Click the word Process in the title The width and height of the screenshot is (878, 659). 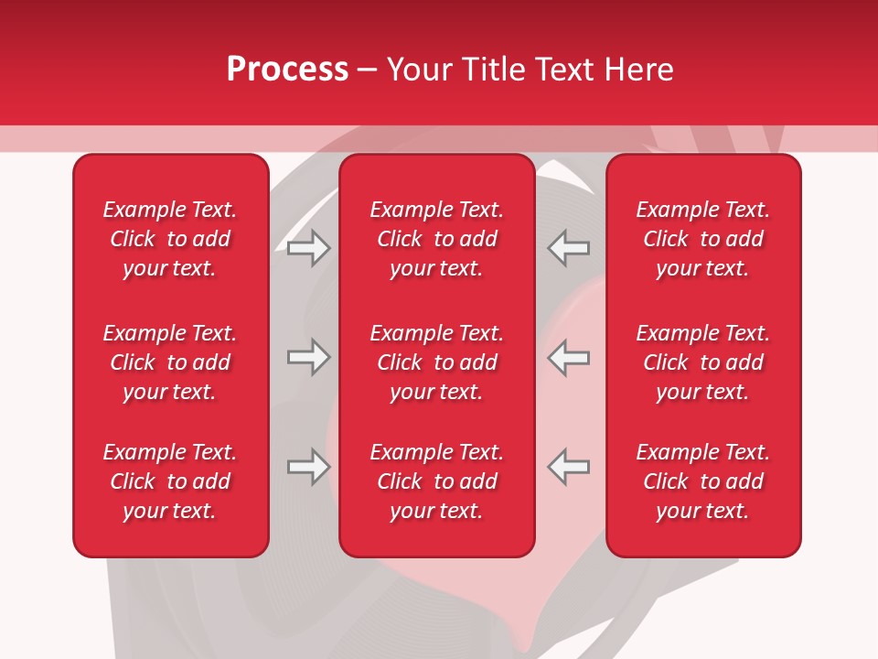287,70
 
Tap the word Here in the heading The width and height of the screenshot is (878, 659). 639,70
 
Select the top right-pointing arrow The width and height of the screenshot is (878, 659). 308,247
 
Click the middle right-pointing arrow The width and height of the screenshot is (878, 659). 308,357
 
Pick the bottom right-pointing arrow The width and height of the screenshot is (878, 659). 308,467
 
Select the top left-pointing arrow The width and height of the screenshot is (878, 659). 569,247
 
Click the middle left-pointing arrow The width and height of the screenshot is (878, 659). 569,357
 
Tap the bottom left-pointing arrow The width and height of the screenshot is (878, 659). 569,467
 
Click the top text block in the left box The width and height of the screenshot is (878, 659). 170,239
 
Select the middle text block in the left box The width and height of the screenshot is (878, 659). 170,362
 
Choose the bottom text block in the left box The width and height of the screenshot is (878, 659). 170,481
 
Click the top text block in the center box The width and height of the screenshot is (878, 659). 436,239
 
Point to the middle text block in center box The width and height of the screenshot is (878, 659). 436,362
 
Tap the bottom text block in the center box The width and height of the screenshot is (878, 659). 436,481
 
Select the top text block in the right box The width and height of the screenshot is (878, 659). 702,239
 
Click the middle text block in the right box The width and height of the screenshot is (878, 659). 702,362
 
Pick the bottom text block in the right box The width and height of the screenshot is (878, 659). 702,481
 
